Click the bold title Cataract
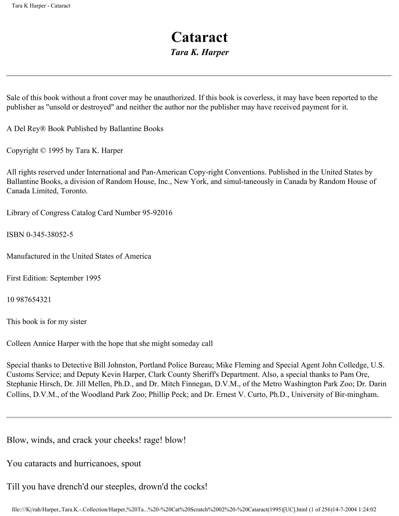tap(199, 37)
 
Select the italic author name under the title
tap(199, 52)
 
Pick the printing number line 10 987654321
tap(29, 300)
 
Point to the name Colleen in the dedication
tap(18, 343)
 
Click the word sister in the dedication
tap(78, 322)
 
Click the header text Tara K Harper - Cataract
tap(41, 6)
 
